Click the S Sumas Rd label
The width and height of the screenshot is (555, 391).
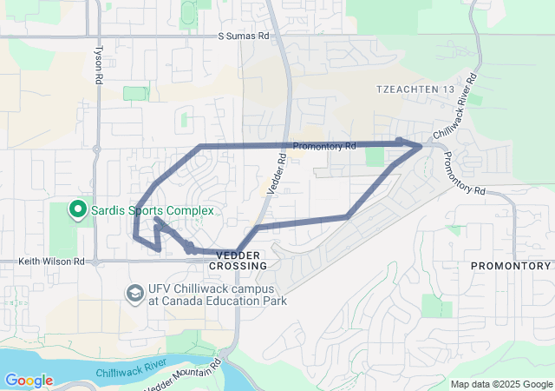(244, 37)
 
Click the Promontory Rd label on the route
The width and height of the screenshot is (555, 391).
(324, 147)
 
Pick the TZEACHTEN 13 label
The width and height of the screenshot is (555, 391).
(415, 89)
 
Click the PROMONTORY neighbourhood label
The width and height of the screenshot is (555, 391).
(510, 265)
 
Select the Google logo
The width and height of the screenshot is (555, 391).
(29, 381)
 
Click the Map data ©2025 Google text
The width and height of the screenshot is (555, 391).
(500, 384)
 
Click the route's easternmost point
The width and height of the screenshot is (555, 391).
(421, 147)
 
